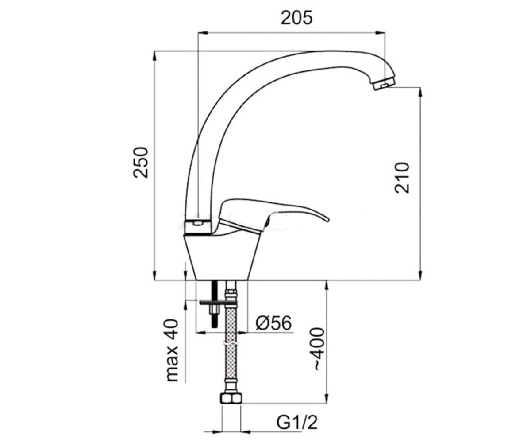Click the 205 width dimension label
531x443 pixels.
point(296,18)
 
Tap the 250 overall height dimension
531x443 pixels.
point(140,162)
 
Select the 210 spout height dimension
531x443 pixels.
point(402,178)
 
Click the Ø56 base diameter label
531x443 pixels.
point(273,323)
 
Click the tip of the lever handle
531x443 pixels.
point(328,220)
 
